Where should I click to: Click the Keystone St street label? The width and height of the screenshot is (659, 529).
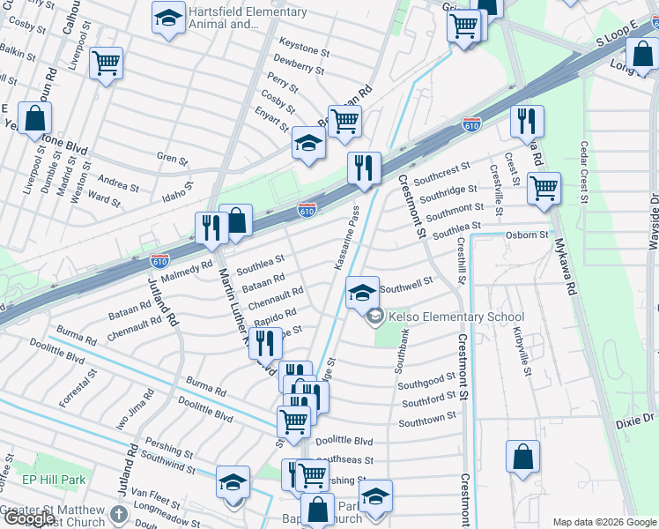tap(303, 42)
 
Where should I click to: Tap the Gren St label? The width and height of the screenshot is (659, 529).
tap(172, 160)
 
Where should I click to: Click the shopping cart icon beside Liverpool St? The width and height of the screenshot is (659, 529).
tap(106, 63)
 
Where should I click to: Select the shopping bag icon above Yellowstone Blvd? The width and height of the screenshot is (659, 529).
tap(34, 118)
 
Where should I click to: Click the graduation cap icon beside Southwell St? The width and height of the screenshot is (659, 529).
tap(361, 292)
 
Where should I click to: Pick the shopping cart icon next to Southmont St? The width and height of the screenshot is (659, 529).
tap(544, 187)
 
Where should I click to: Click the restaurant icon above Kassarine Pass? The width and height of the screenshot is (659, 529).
tap(363, 167)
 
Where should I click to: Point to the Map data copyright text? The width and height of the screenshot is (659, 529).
tap(604, 522)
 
